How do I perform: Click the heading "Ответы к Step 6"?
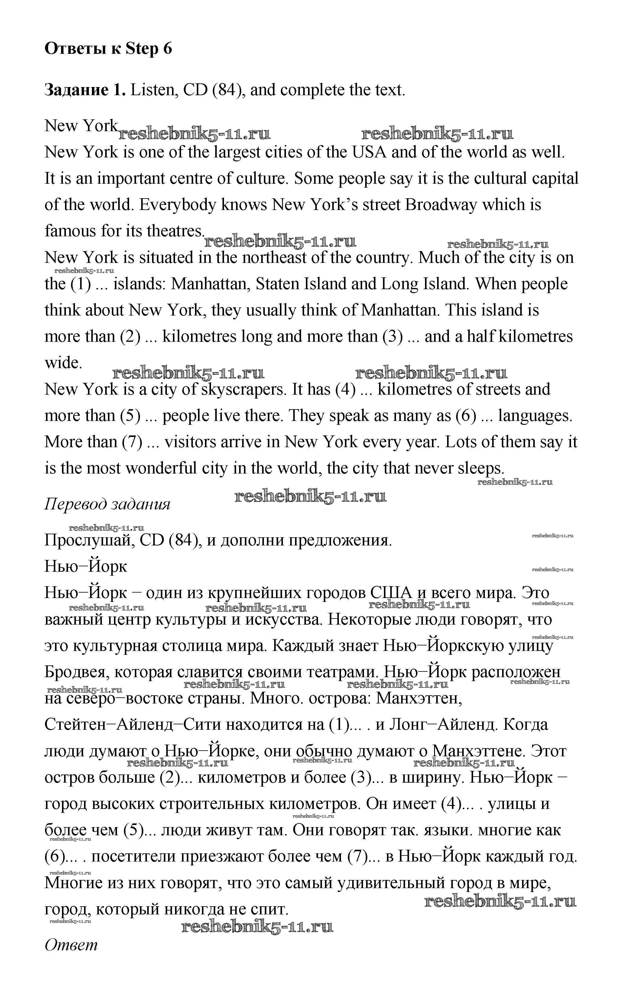[108, 49]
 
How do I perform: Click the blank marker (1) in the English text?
[80, 284]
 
